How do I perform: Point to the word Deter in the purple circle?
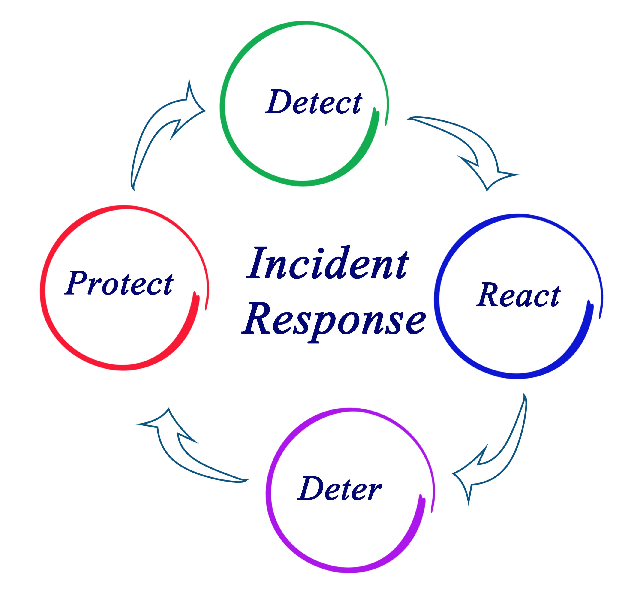click(x=339, y=489)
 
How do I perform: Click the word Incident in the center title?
click(x=328, y=264)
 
